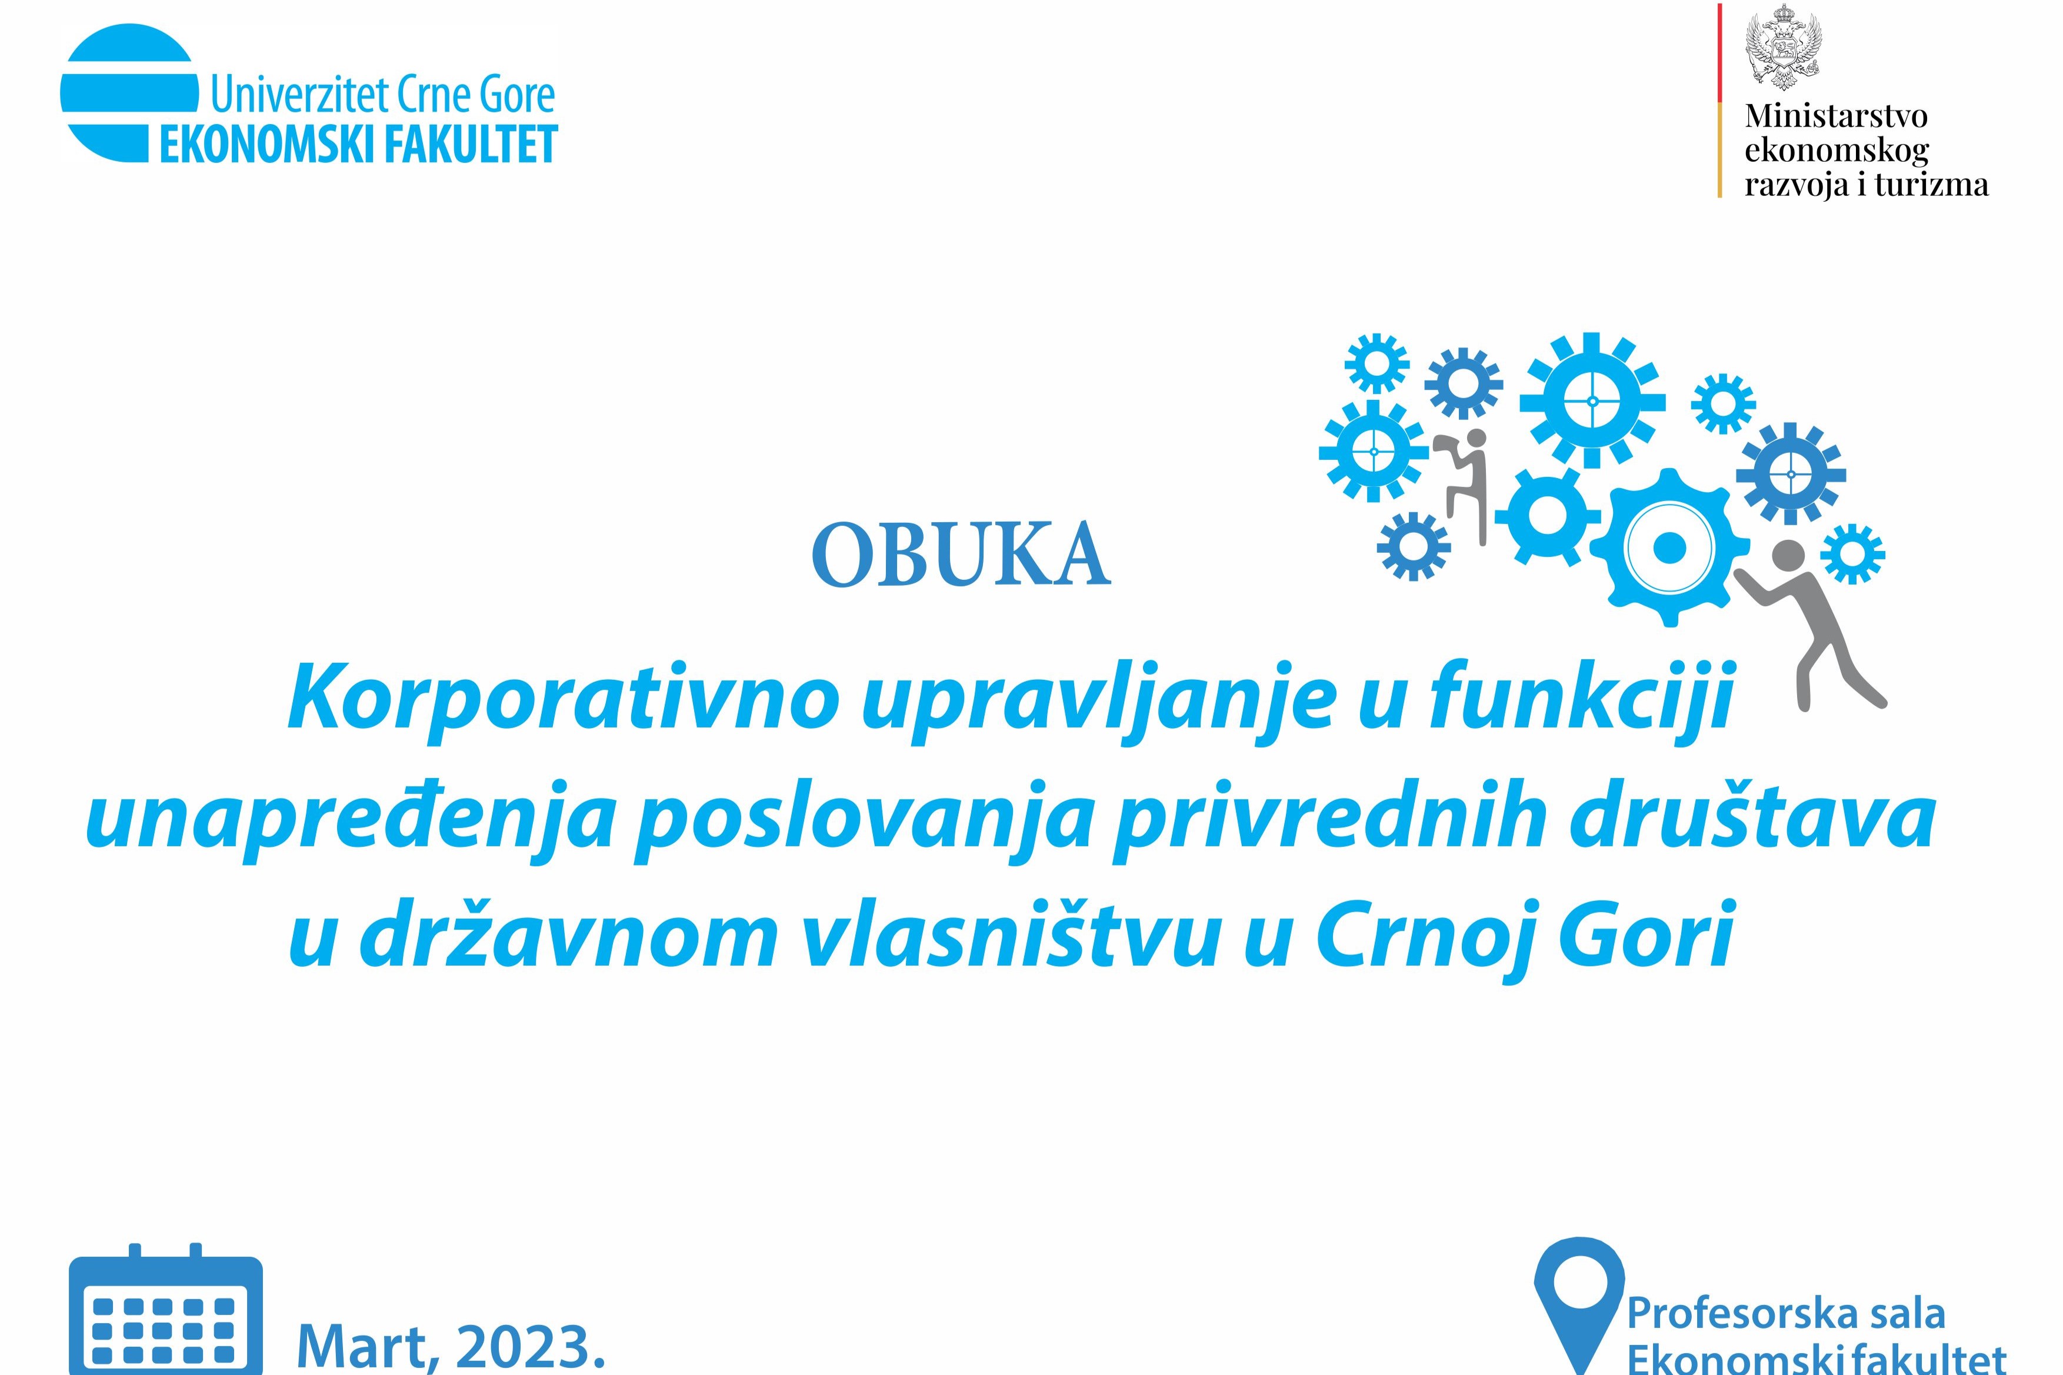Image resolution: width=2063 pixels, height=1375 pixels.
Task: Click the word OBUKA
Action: coord(961,554)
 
